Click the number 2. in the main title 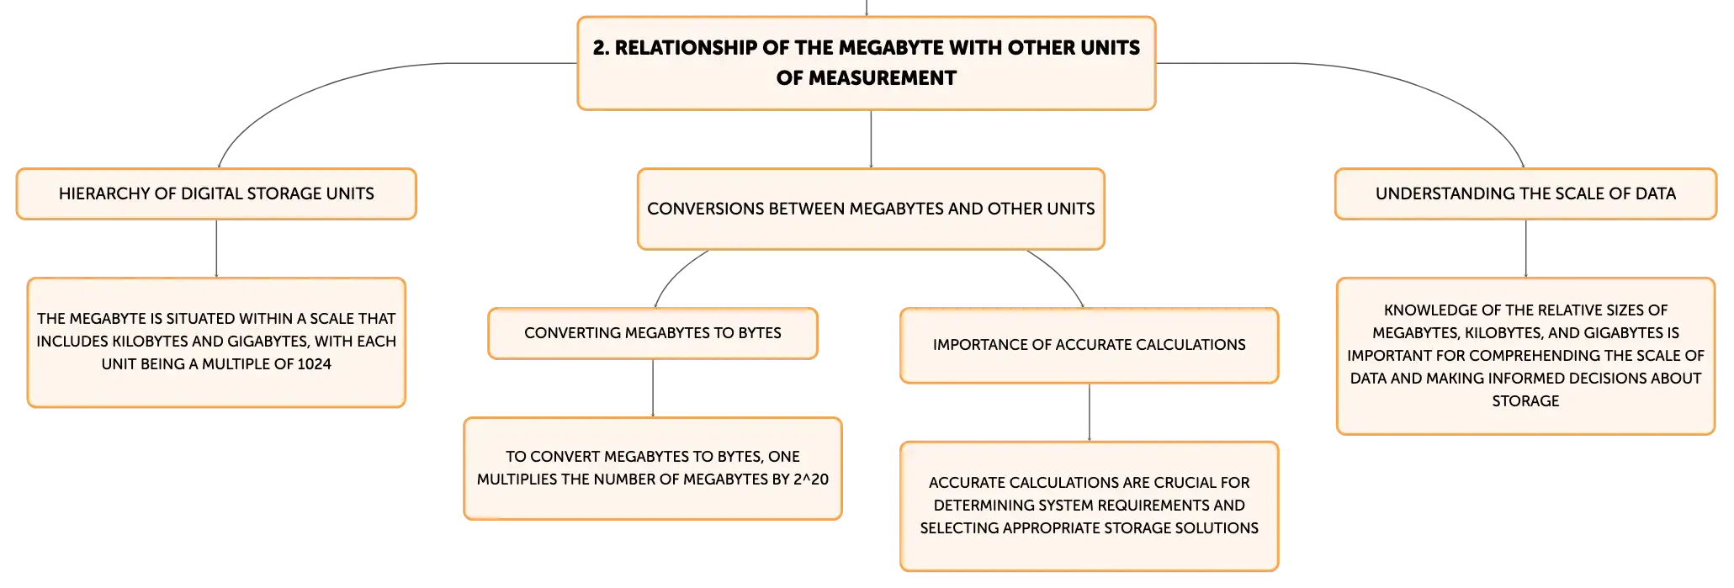(x=601, y=48)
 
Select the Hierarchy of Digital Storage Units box (x=216, y=194)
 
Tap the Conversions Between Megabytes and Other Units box (x=871, y=209)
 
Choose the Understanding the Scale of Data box (x=1525, y=194)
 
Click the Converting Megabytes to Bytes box (x=653, y=333)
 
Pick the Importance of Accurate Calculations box (x=1090, y=346)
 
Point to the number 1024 (x=315, y=364)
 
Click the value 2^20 (x=811, y=479)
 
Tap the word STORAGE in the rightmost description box (x=1525, y=401)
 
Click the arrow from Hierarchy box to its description (x=216, y=249)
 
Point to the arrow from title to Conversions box (x=871, y=140)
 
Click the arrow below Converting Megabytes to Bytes (x=653, y=389)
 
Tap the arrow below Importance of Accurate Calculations (x=1090, y=413)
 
